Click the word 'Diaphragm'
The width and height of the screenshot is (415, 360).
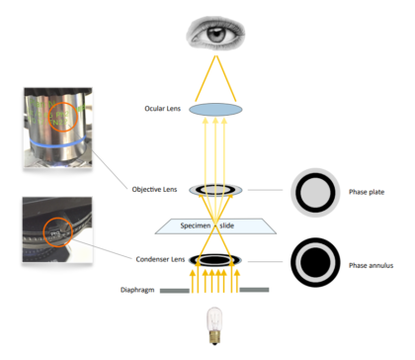pyautogui.click(x=136, y=289)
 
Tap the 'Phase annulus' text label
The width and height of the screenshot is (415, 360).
pyautogui.click(x=372, y=267)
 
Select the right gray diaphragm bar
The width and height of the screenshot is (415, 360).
pyautogui.click(x=256, y=290)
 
